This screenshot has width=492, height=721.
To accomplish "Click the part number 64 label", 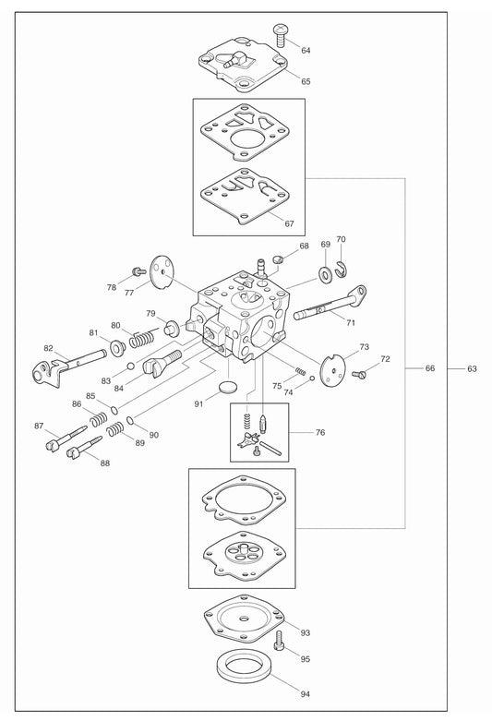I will pyautogui.click(x=306, y=50).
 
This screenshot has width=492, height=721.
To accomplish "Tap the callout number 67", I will pyautogui.click(x=289, y=224).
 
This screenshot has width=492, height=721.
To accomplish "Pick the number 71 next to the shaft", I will pyautogui.click(x=350, y=322).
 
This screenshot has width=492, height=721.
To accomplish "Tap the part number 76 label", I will pyautogui.click(x=319, y=432).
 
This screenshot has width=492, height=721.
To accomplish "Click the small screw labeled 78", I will pyautogui.click(x=138, y=270).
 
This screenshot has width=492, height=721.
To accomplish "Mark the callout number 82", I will pyautogui.click(x=48, y=349).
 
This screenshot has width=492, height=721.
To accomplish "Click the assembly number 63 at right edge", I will pyautogui.click(x=472, y=368).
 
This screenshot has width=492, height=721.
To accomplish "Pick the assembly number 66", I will pyautogui.click(x=429, y=368).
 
